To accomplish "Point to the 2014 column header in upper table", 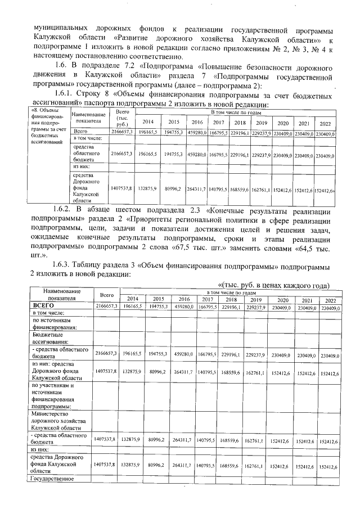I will [147, 122].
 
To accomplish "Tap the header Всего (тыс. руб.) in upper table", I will [121, 120].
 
